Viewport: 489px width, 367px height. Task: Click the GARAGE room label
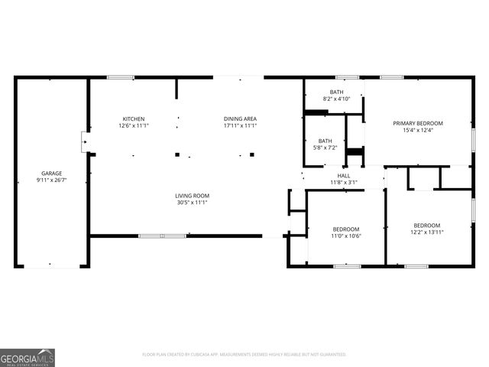(x=52, y=173)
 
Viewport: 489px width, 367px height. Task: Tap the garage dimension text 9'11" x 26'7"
(x=52, y=180)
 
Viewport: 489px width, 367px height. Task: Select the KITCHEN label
(x=134, y=119)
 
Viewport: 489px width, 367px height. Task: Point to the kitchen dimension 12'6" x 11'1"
(x=134, y=125)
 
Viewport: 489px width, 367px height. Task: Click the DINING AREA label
(x=240, y=119)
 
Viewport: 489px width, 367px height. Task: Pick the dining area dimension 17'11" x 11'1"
(x=240, y=125)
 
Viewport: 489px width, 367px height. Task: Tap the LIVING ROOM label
(x=192, y=196)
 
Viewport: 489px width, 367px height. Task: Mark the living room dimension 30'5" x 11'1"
(x=192, y=203)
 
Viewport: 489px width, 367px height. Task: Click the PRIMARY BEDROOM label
(x=418, y=123)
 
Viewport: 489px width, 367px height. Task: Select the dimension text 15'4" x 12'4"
(x=418, y=130)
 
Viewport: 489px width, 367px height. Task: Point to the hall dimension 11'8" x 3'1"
(x=343, y=182)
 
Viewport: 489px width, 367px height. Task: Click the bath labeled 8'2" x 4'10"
(x=336, y=95)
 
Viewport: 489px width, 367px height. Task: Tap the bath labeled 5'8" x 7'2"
(x=325, y=144)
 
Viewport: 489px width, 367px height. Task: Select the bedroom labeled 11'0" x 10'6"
(x=346, y=233)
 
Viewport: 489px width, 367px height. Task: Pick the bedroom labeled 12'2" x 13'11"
(x=427, y=229)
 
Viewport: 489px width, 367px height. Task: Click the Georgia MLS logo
(x=28, y=357)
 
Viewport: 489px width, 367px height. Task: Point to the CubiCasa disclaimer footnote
(x=244, y=355)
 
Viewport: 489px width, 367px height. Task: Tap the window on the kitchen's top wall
(x=121, y=77)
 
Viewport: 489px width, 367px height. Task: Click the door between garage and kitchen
(x=85, y=141)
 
